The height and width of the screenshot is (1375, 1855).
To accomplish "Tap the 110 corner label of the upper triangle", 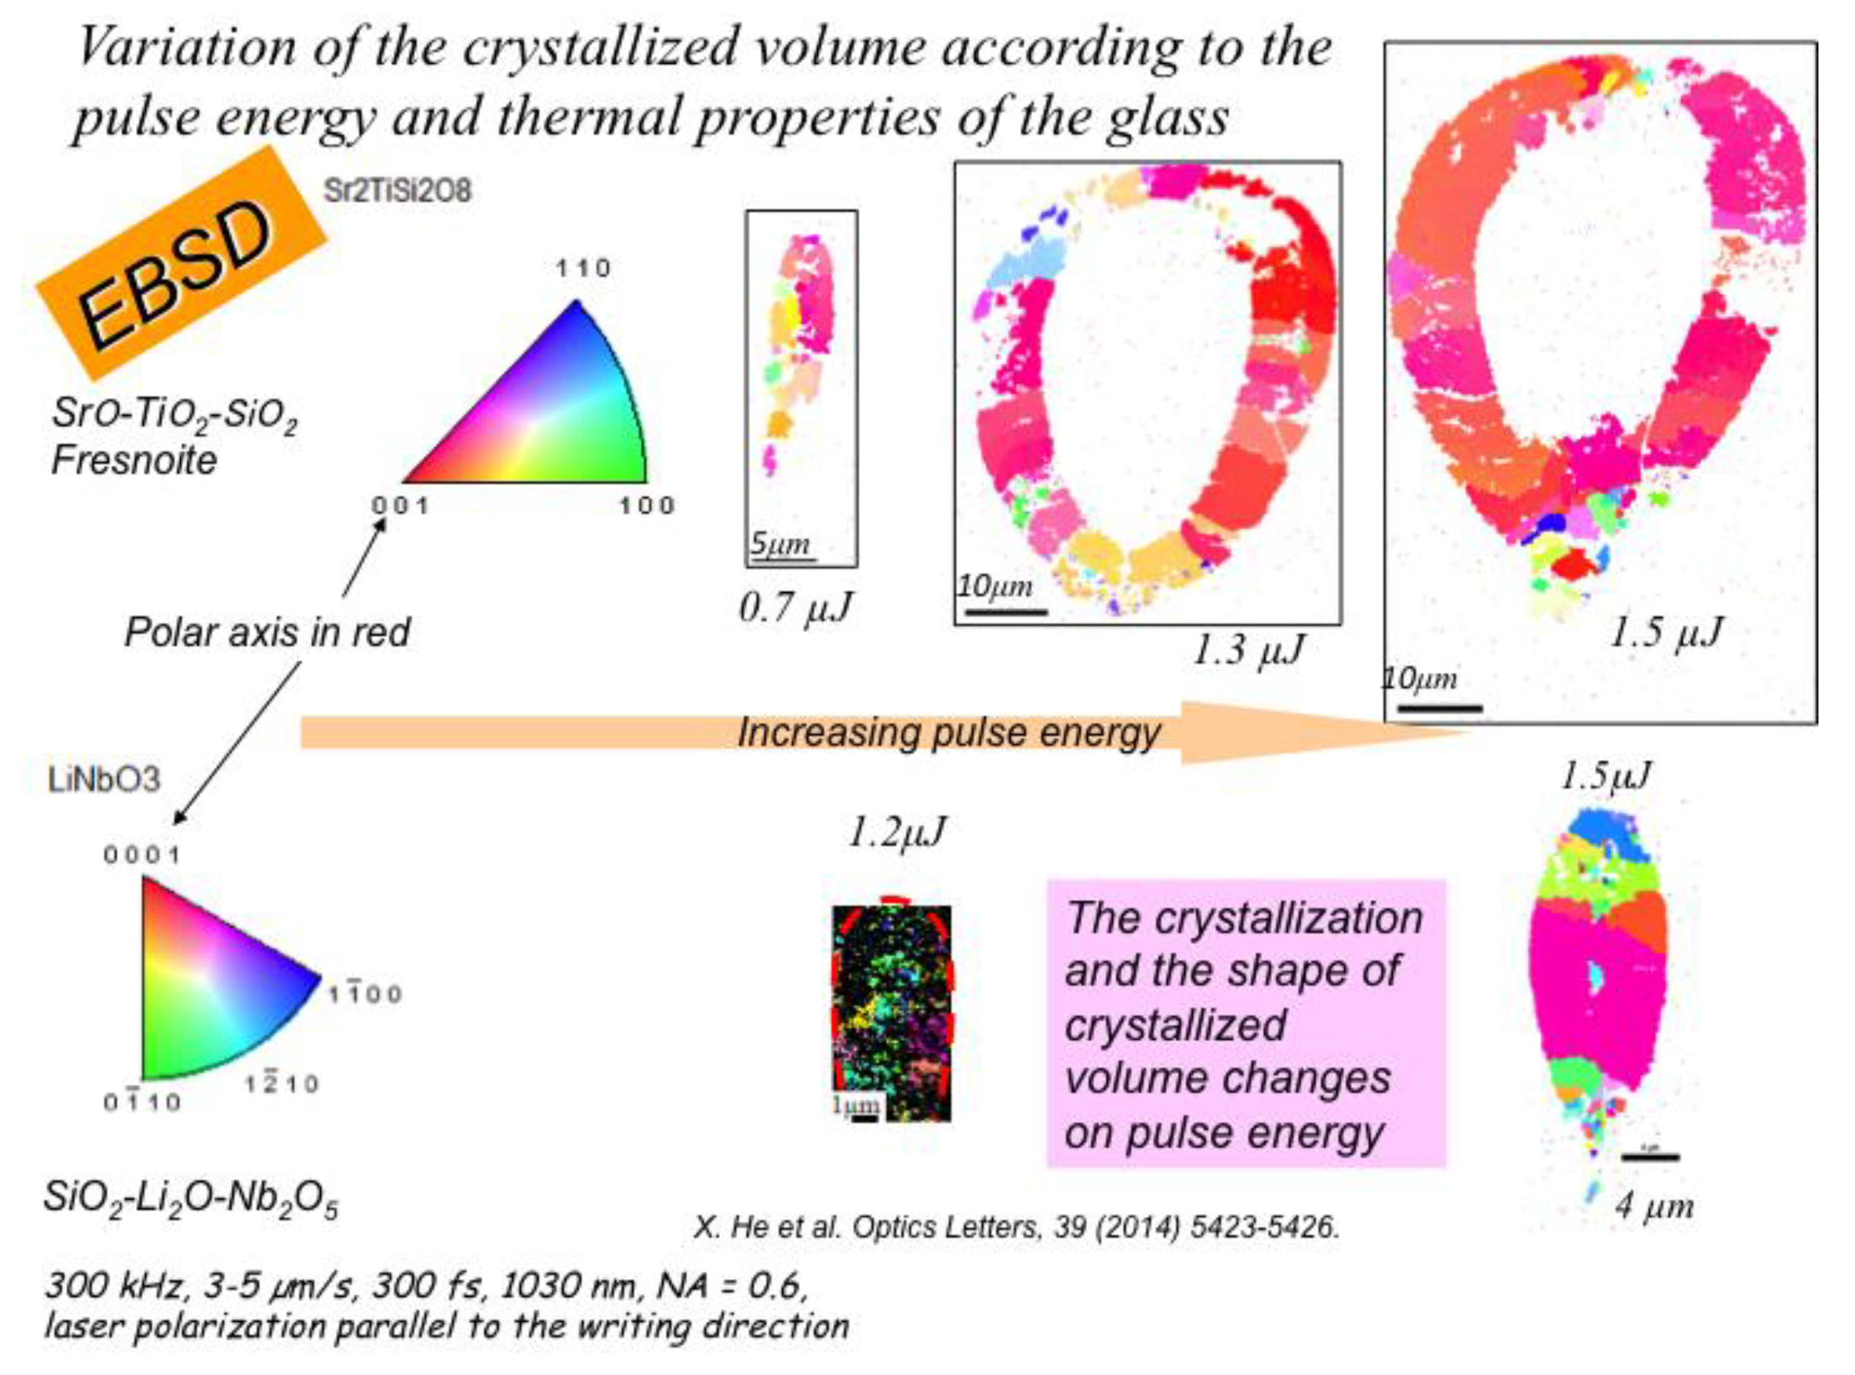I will click(x=584, y=268).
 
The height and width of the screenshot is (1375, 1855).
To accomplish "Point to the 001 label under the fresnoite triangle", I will click(x=401, y=505).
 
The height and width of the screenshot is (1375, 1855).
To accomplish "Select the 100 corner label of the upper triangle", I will click(x=646, y=505).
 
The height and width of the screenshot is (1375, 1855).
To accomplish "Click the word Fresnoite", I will click(x=133, y=459).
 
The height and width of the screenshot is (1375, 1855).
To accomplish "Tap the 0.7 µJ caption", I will click(x=796, y=607).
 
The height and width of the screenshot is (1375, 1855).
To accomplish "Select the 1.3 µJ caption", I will click(x=1248, y=650).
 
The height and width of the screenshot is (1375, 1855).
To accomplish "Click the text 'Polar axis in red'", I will click(x=266, y=632).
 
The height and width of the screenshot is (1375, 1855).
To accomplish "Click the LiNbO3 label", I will click(x=104, y=781).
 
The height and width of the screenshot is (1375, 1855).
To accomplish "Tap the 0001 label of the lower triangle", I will click(x=141, y=855).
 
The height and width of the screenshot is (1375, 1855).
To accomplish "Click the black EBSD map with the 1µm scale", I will click(x=892, y=1011).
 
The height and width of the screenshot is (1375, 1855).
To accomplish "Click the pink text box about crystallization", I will click(x=1245, y=1024).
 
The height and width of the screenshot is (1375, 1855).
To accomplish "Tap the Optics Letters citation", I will click(x=1016, y=1227).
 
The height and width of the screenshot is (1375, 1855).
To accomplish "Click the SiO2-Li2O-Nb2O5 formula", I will click(x=191, y=1199).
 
